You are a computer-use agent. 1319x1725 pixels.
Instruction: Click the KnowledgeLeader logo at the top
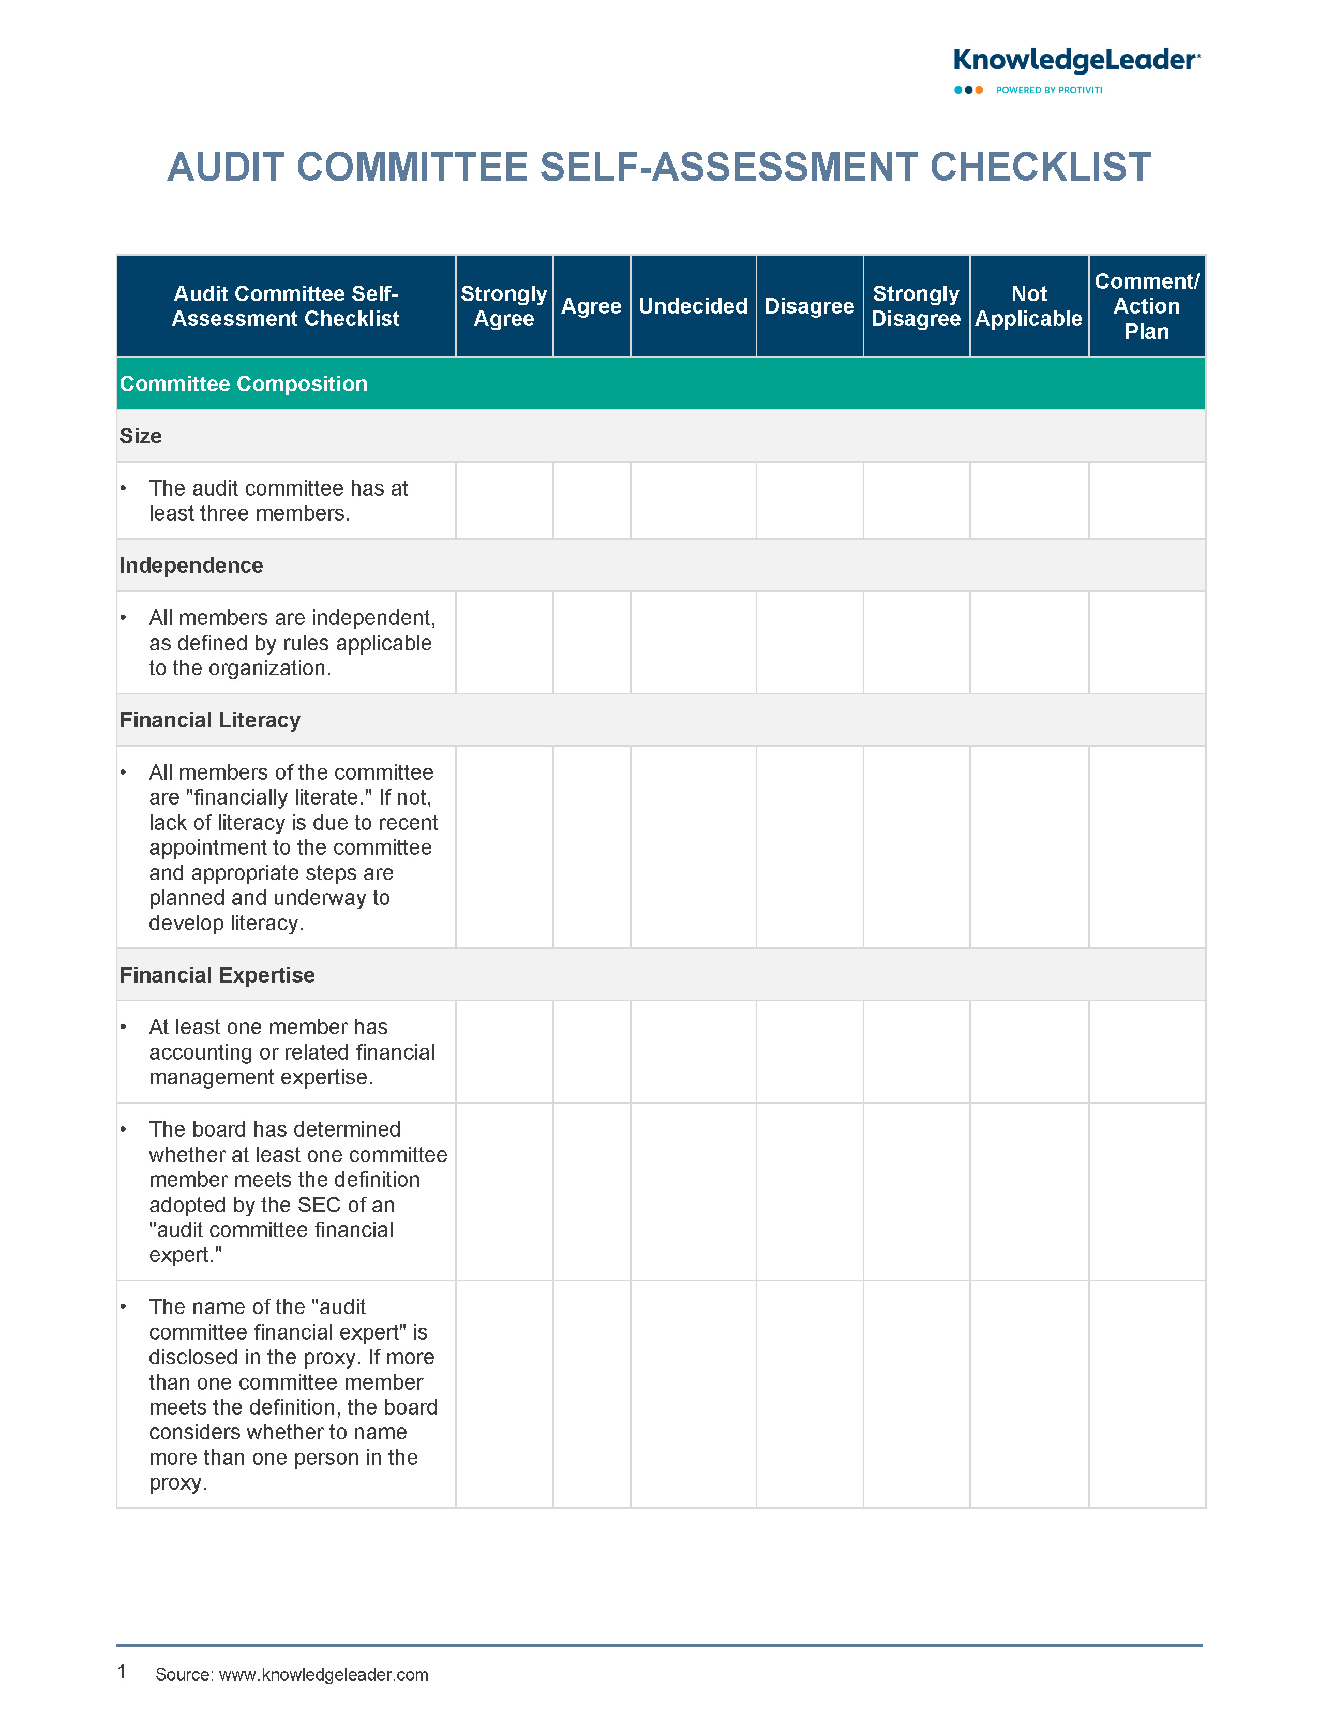coord(1075,61)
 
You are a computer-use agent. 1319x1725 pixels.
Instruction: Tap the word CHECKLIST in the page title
coord(1040,167)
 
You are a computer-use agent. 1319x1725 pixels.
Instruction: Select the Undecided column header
coord(693,306)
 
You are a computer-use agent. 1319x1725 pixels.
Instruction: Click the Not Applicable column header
coord(1028,306)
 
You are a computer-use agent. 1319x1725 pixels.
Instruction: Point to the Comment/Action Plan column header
coord(1146,306)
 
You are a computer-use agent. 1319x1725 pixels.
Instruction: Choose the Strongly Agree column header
coord(503,306)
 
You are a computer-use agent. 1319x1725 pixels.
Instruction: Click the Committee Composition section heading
coord(244,384)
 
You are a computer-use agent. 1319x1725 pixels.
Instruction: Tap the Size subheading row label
coord(141,437)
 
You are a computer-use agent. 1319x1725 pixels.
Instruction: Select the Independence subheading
coord(191,566)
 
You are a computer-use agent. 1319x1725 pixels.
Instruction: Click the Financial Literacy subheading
coord(209,720)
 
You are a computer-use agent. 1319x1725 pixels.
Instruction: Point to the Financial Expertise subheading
coord(217,975)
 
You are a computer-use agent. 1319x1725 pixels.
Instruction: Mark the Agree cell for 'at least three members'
coord(591,501)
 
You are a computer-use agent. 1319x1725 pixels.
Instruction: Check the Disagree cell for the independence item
coord(810,642)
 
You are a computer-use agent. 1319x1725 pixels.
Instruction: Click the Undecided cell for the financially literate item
coord(693,847)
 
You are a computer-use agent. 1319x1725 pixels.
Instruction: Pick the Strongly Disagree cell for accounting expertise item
coord(916,1052)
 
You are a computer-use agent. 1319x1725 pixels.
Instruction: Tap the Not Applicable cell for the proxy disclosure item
coord(1028,1394)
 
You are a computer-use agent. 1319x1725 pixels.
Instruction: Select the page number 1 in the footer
coord(122,1672)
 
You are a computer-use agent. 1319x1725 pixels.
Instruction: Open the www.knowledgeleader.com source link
coord(323,1675)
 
